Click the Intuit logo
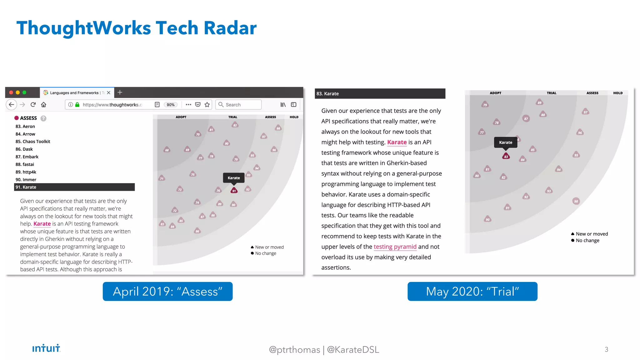[46, 348]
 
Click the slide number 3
[606, 349]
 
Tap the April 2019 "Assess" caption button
[167, 291]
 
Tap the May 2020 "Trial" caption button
[472, 291]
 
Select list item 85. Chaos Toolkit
[33, 142]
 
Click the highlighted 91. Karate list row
[74, 187]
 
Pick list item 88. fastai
[25, 164]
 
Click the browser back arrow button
[12, 105]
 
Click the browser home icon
[44, 105]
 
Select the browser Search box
[239, 105]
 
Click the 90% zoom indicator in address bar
[171, 105]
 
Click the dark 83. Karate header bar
[380, 93]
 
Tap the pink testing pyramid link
[395, 247]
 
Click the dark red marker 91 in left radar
[234, 191]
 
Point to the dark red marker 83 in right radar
[506, 156]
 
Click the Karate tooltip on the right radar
[505, 142]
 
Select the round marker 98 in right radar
[576, 201]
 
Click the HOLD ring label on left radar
[294, 117]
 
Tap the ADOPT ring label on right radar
[495, 93]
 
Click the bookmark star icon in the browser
[207, 105]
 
